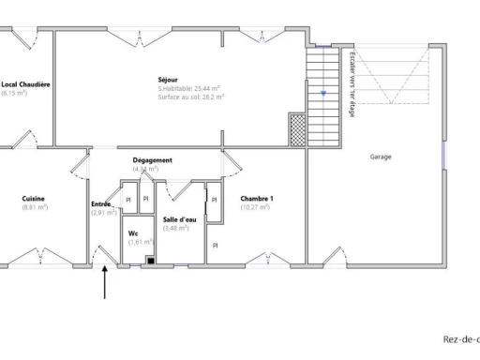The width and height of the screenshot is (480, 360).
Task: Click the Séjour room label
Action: tap(168, 80)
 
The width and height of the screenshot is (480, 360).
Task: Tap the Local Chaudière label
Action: tap(25, 84)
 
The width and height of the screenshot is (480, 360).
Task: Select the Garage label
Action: tap(380, 157)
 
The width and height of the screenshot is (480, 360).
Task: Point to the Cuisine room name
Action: tap(34, 198)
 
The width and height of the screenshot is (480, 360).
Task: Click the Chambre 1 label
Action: tap(257, 198)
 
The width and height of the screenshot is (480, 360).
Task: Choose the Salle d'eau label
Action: tap(179, 218)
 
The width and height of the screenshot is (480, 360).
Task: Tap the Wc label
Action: tap(133, 232)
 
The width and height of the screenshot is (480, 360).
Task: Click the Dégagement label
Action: tap(152, 160)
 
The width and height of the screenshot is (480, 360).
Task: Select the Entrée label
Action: tap(101, 203)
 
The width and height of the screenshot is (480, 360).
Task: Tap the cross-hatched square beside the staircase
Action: tap(298, 127)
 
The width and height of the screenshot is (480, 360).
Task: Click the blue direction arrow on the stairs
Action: tap(323, 93)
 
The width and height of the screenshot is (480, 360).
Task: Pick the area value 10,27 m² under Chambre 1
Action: tap(255, 207)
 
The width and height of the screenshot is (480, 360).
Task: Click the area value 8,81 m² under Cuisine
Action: tap(34, 207)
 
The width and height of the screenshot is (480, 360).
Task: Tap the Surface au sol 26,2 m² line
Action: tap(190, 97)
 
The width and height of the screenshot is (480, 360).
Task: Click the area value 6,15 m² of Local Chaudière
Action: tap(14, 93)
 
